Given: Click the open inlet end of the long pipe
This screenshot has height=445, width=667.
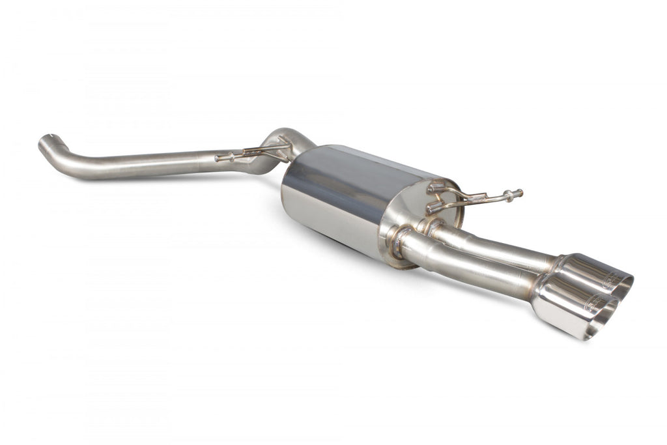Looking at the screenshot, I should pos(44,141).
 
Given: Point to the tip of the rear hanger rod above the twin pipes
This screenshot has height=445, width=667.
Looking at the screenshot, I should pos(518,194).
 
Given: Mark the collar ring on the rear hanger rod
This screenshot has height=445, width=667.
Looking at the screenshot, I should pos(506,195).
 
